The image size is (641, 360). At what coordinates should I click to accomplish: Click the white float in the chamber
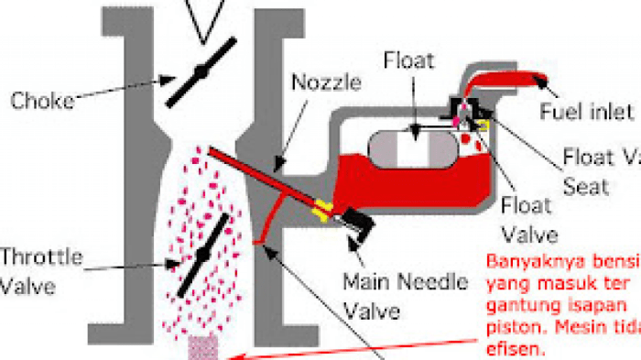point(412,147)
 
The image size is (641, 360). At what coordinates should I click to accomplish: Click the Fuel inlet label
point(596,112)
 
